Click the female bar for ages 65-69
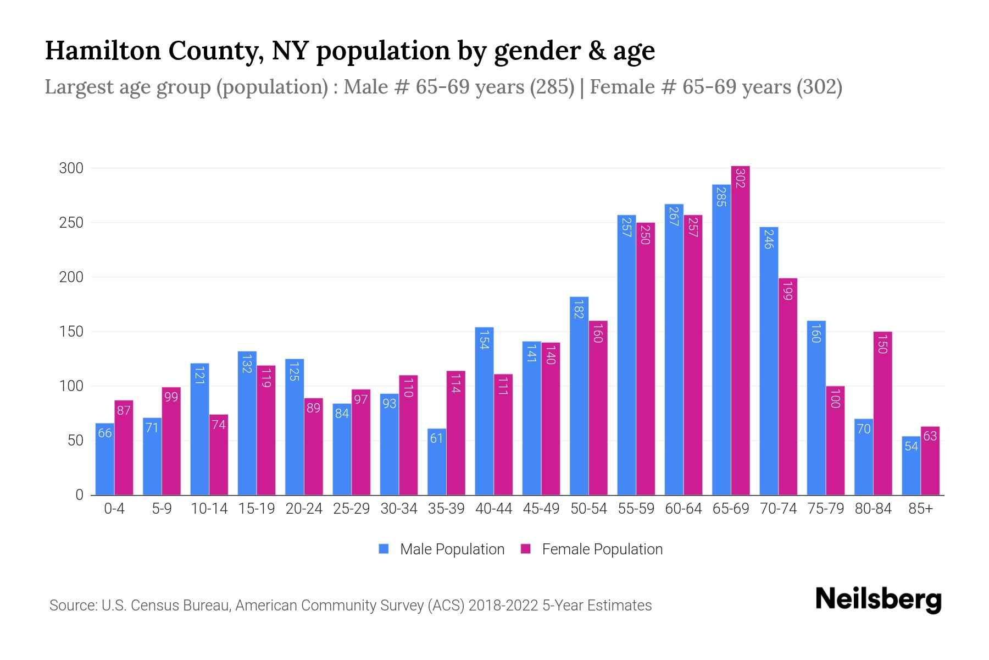(x=740, y=330)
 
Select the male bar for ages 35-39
(x=437, y=462)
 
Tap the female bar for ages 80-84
(x=882, y=413)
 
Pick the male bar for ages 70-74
(x=769, y=360)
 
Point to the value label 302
(x=740, y=178)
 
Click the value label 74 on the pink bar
(x=219, y=425)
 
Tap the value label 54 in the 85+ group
(x=911, y=446)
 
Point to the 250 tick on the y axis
(x=71, y=223)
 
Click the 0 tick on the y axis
(x=79, y=495)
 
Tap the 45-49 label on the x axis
(x=541, y=509)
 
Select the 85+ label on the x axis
(x=920, y=509)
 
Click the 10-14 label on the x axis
(x=209, y=509)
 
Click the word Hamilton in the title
(x=103, y=51)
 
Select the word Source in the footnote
(x=73, y=606)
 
